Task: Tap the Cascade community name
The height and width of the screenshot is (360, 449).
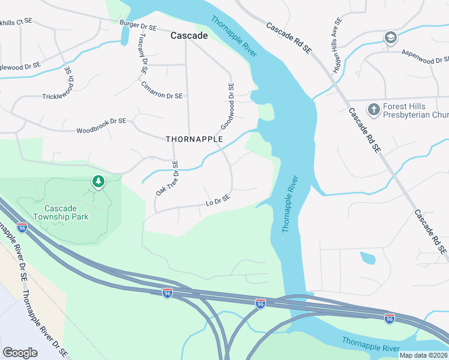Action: point(189,36)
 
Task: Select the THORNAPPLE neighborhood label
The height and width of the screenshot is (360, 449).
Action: point(194,139)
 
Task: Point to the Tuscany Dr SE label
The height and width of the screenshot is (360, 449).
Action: point(142,53)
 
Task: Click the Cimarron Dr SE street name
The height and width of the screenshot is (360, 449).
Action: point(161,95)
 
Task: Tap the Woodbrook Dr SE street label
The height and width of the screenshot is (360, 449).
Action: point(101,130)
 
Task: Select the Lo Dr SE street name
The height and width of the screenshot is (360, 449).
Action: point(218,200)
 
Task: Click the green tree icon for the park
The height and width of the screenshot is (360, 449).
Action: point(98,181)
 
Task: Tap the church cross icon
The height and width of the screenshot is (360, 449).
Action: point(373,109)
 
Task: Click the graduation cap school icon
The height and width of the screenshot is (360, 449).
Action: point(391,38)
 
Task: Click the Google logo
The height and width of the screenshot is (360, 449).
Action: point(20,353)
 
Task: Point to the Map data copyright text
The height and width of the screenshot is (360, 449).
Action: point(423,355)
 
